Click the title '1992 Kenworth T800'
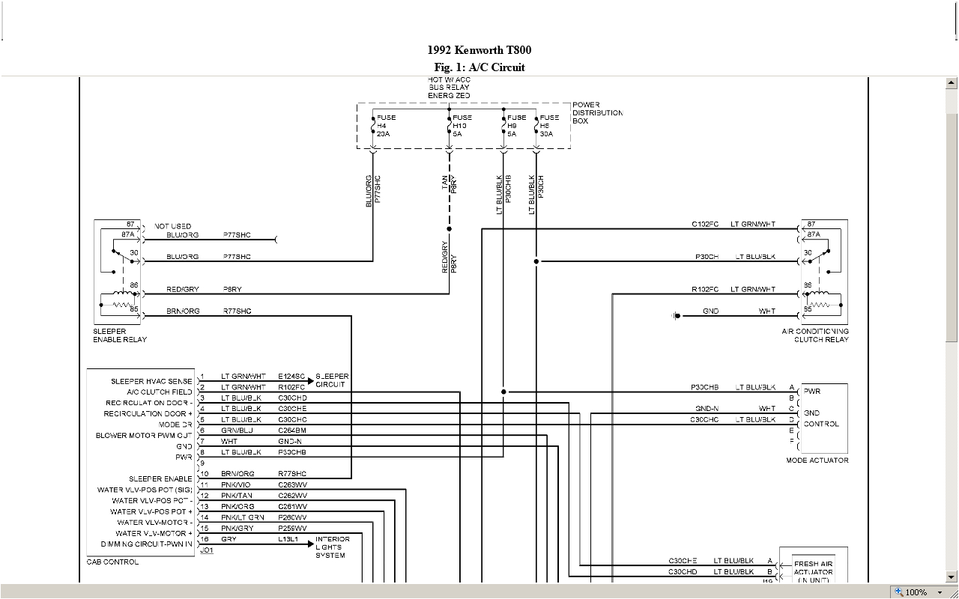click(479, 50)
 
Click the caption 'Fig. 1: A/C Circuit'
click(479, 67)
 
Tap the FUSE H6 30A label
click(549, 126)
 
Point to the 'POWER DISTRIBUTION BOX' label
click(597, 113)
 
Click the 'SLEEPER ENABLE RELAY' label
click(120, 335)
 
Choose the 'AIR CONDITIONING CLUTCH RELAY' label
click(815, 335)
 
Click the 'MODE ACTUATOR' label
click(817, 460)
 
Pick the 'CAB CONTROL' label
click(112, 562)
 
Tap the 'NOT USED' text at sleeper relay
click(173, 226)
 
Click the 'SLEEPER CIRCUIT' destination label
click(332, 380)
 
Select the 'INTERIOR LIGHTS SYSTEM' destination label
click(332, 547)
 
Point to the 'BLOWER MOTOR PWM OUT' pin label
click(144, 435)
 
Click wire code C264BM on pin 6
click(292, 431)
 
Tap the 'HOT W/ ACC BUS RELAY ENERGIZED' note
click(450, 88)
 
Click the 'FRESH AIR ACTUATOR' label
click(813, 568)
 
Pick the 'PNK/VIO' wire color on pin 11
click(236, 485)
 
